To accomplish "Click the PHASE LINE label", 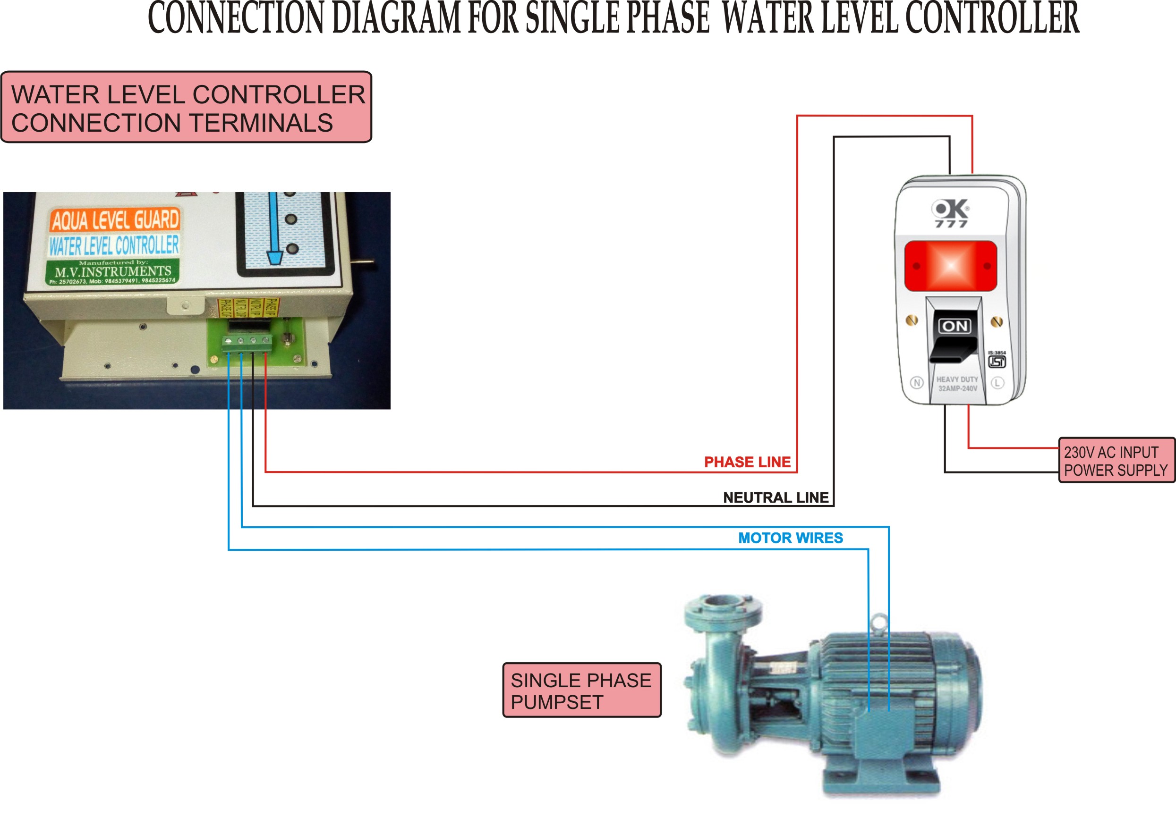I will (747, 462).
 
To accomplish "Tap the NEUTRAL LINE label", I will (775, 497).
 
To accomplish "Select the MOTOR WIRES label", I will (790, 538).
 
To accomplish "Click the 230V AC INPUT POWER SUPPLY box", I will (1116, 461).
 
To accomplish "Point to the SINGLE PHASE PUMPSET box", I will (581, 691).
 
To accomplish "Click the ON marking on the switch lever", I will (954, 326).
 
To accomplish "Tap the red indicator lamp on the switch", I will (951, 266).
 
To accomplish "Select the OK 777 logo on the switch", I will (951, 212).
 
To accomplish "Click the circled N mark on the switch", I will (917, 382).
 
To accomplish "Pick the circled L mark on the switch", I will (997, 382).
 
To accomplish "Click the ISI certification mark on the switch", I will (997, 361).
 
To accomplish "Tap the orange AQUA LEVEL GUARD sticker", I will (115, 220).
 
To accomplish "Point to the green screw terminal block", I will (247, 344).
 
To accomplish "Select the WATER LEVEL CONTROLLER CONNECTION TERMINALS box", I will (187, 108).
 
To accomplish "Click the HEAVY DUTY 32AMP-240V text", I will (957, 384).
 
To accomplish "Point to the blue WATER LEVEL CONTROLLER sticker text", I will (114, 246).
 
